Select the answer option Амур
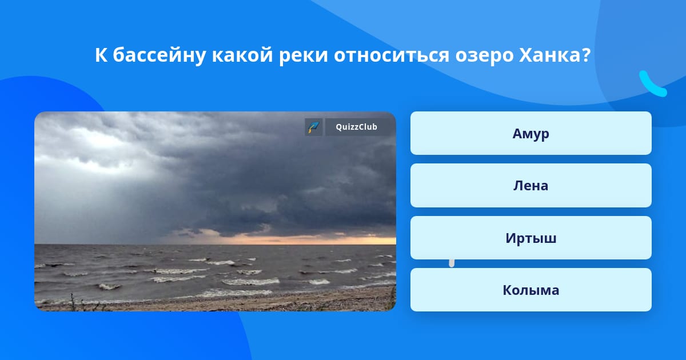[x=531, y=133]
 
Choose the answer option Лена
[x=531, y=186]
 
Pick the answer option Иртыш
[x=531, y=238]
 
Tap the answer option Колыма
[x=531, y=290]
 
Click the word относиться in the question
[x=392, y=56]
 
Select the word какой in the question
[x=242, y=55]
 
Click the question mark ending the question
[x=586, y=55]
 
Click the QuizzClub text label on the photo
[x=357, y=127]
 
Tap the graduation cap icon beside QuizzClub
[x=314, y=127]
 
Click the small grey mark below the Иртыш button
[x=452, y=263]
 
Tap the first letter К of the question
[x=101, y=55]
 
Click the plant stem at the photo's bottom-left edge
[x=73, y=302]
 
